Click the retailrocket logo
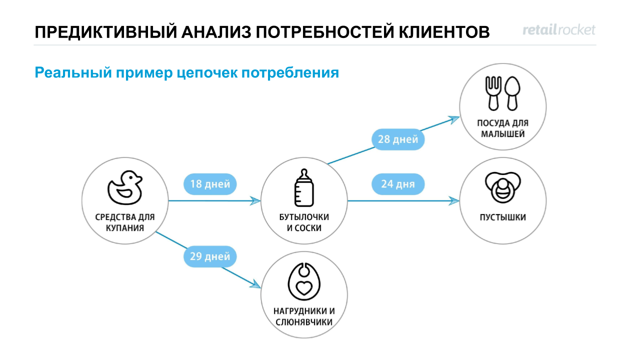(x=559, y=30)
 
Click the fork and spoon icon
(x=503, y=93)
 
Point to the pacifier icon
(x=502, y=188)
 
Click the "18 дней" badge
(x=210, y=184)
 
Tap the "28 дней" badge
(x=398, y=139)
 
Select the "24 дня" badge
(x=398, y=184)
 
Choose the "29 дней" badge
(x=210, y=257)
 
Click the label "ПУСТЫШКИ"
(x=503, y=217)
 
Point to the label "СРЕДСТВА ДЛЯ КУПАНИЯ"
(x=125, y=222)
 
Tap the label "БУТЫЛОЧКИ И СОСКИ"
(x=304, y=222)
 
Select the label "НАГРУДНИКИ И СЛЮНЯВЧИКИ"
(x=304, y=316)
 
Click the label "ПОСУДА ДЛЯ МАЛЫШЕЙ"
(x=503, y=128)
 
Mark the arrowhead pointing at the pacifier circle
(x=454, y=201)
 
